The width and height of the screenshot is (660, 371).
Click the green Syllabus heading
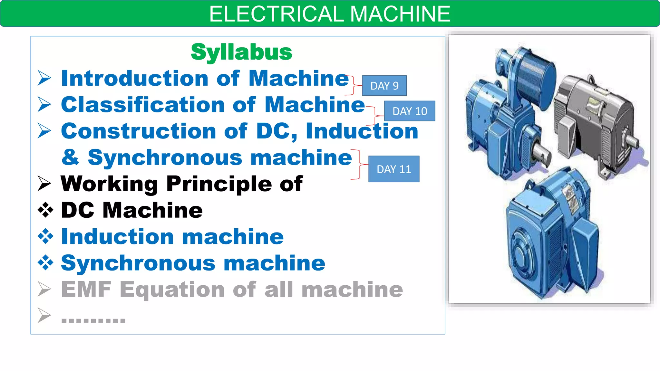(241, 52)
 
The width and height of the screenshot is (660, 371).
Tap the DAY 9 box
(384, 86)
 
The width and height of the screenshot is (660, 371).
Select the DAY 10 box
(410, 111)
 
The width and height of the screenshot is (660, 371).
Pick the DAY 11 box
(394, 169)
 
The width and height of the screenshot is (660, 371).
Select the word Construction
(139, 131)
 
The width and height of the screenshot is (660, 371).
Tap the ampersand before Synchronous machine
(71, 157)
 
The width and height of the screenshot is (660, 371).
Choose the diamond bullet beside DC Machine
(45, 210)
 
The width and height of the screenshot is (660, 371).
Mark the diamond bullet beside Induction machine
(45, 237)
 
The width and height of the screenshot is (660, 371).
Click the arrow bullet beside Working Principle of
(44, 184)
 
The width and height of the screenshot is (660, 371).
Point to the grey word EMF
(86, 290)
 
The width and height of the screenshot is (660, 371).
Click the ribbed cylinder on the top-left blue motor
(535, 81)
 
